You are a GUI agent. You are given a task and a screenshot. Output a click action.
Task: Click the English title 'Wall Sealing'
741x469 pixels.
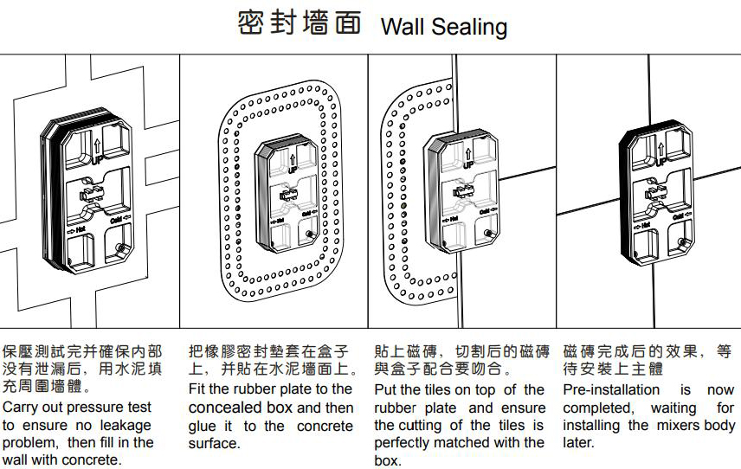point(443,26)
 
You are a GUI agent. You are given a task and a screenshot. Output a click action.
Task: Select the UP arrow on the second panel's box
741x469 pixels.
point(294,160)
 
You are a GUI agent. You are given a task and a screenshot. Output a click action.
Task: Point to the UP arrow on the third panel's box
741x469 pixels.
point(468,156)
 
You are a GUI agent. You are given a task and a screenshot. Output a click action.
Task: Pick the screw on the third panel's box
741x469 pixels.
point(490,234)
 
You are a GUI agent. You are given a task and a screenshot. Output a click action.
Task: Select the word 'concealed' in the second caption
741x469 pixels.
point(225,408)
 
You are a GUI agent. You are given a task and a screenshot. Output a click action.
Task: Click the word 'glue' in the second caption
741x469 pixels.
point(203,426)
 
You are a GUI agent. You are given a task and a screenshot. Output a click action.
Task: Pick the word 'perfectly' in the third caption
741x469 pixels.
point(404,442)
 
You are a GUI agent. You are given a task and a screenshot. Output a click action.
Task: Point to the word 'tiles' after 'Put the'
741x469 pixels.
point(442,389)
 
